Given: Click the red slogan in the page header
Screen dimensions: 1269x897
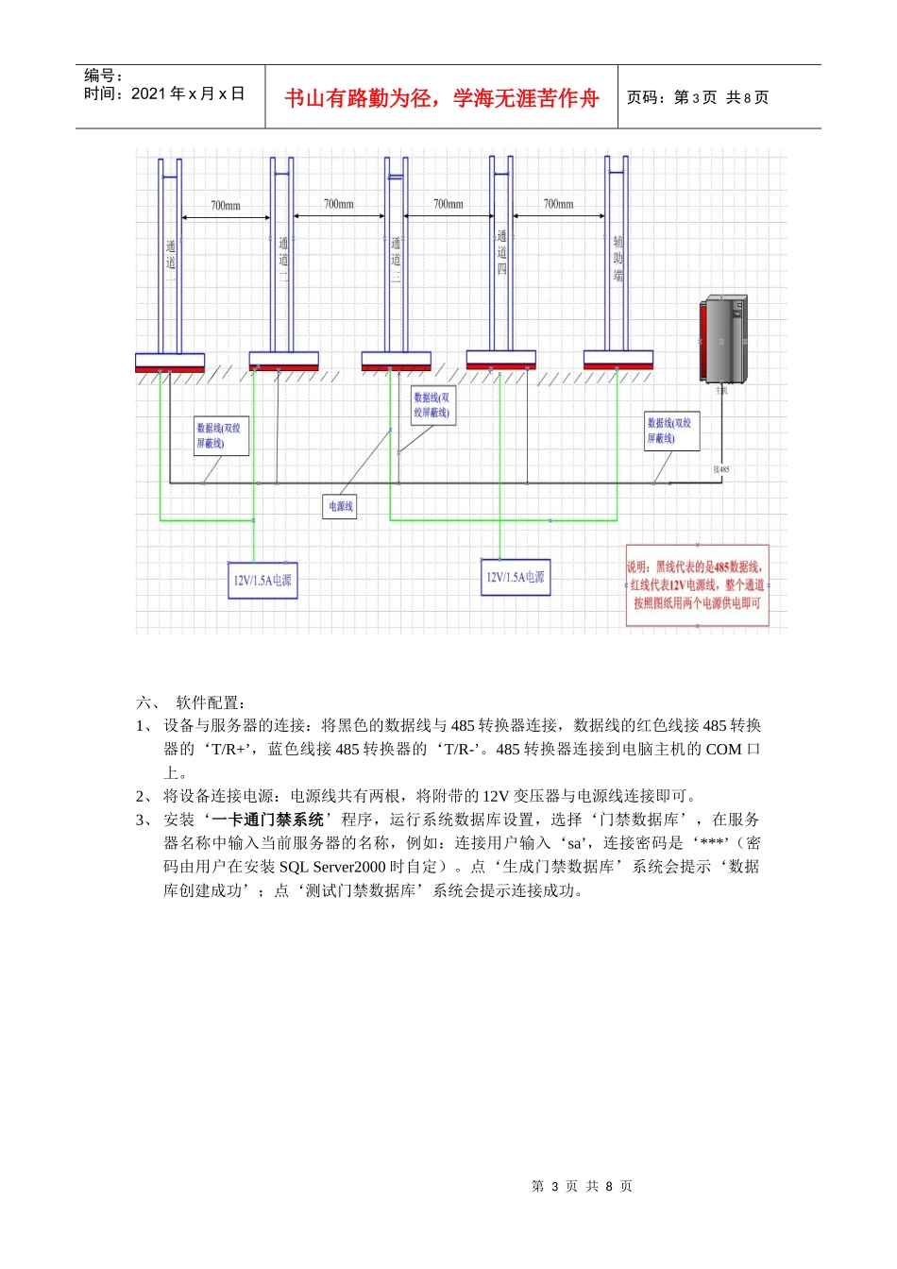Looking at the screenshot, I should [x=441, y=98].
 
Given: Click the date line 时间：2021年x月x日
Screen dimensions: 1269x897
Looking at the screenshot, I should [x=164, y=93].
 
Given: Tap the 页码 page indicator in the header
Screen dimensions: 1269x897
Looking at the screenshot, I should [x=698, y=97].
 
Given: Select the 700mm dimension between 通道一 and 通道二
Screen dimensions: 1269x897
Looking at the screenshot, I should [x=226, y=205].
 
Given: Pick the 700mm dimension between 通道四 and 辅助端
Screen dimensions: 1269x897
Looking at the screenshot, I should [x=558, y=204].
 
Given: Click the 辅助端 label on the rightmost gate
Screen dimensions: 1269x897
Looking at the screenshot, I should [x=618, y=259].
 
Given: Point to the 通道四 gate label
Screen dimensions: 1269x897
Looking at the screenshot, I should [x=501, y=252].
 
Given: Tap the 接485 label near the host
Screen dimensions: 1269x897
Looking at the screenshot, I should [x=720, y=469].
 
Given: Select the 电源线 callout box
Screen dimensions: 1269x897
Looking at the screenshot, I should [x=340, y=507].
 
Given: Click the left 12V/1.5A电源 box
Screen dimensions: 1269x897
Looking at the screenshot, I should [x=262, y=580].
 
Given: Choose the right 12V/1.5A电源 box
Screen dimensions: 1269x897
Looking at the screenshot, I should [x=515, y=577].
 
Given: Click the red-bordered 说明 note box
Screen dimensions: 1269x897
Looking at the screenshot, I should [x=697, y=584].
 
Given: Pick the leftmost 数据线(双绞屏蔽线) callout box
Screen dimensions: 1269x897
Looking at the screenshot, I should [x=221, y=435].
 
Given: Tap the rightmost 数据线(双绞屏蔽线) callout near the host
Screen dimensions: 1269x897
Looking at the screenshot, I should [x=671, y=431].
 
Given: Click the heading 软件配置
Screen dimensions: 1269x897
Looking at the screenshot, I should [x=211, y=702].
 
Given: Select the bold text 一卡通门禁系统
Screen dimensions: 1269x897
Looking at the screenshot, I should [x=268, y=820].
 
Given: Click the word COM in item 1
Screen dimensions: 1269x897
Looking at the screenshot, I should [x=723, y=749].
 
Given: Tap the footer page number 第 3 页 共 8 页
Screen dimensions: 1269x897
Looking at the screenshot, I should [x=582, y=1186].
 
